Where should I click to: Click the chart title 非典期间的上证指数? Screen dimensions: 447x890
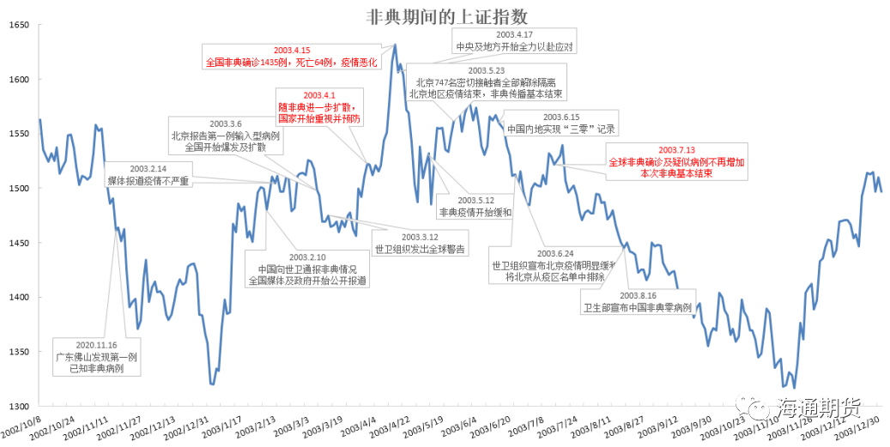tap(446, 15)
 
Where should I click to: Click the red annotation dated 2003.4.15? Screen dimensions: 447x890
tap(292, 57)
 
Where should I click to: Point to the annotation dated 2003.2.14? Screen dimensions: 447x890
tap(148, 175)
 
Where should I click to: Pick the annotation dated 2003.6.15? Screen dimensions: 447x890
tap(562, 124)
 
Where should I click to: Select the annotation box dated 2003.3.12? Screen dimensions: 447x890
tap(419, 243)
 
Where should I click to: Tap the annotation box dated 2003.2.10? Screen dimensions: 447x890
tap(307, 269)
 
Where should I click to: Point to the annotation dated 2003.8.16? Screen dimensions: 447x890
tap(638, 301)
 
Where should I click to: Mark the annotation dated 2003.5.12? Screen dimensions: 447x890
tap(475, 205)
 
